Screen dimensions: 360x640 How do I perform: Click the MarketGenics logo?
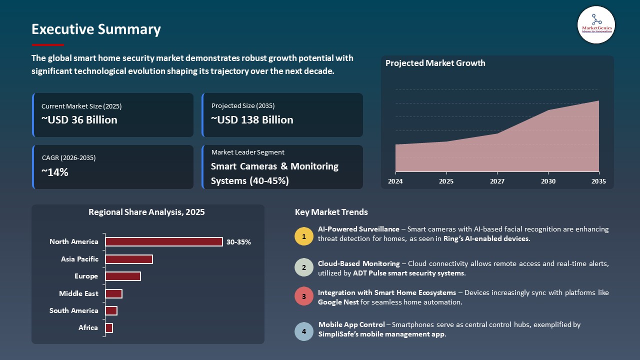pos(596,24)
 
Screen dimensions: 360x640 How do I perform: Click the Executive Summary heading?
pos(96,29)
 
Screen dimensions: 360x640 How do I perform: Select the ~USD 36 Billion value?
pos(79,120)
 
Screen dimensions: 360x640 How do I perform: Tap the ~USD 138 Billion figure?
pos(252,120)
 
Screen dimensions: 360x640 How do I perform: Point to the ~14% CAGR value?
pos(55,172)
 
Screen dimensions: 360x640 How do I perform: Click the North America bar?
pos(163,242)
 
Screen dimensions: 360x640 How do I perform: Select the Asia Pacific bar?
pos(128,259)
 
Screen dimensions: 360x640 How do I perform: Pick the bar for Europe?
pos(122,276)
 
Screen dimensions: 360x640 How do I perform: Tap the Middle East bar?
pos(113,293)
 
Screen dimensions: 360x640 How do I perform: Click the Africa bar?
pos(109,328)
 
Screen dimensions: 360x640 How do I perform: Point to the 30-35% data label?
pos(238,242)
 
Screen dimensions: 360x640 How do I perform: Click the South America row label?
pos(73,310)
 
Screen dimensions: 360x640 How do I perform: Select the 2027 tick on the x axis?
pos(497,181)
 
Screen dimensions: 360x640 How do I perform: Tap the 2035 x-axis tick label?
pos(598,181)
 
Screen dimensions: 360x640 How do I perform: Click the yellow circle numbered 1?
pos(303,236)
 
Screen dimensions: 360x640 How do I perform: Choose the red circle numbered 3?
pos(303,296)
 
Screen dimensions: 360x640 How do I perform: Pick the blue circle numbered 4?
pos(303,331)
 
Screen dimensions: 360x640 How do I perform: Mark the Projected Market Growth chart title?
pos(435,63)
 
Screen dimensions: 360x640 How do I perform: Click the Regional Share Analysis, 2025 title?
pos(146,212)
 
